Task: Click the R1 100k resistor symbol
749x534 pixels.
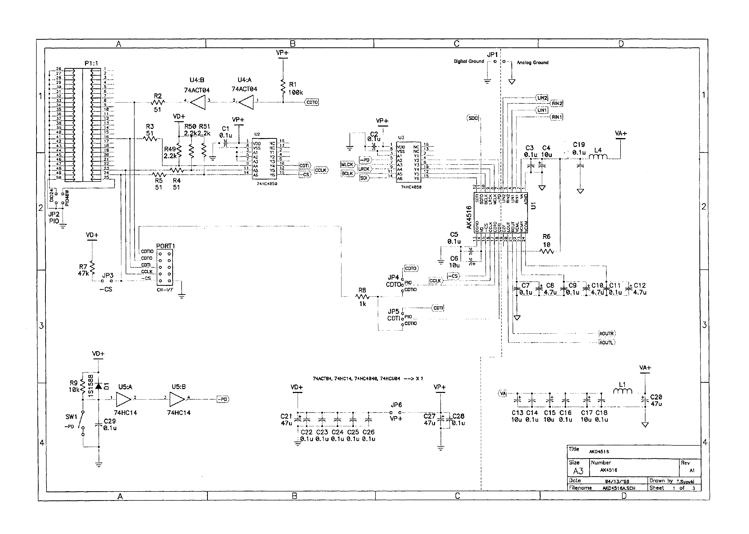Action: [x=283, y=87]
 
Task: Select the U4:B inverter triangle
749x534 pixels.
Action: [x=198, y=102]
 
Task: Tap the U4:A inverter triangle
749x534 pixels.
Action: [x=246, y=102]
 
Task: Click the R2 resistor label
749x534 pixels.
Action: [x=158, y=96]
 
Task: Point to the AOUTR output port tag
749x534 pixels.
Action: [x=607, y=333]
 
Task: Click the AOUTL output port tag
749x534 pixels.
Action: [x=607, y=342]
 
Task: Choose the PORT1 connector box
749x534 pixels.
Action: [x=165, y=267]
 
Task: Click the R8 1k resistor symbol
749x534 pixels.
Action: [x=362, y=297]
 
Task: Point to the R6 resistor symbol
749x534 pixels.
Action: [x=547, y=252]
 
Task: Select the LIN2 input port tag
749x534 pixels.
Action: [x=542, y=98]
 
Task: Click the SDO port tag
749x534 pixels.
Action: [x=473, y=118]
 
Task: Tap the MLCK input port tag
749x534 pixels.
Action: [x=347, y=165]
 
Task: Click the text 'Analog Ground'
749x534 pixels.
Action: [x=532, y=62]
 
